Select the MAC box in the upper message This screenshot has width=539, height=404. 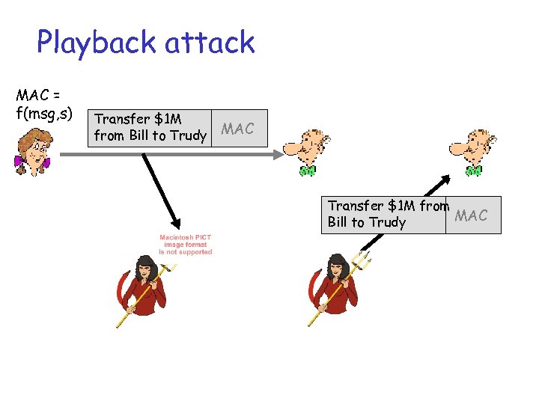click(x=238, y=129)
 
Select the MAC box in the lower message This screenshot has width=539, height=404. click(x=472, y=215)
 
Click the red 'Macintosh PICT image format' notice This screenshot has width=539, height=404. click(x=186, y=245)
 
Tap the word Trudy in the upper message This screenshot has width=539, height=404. click(x=188, y=135)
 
